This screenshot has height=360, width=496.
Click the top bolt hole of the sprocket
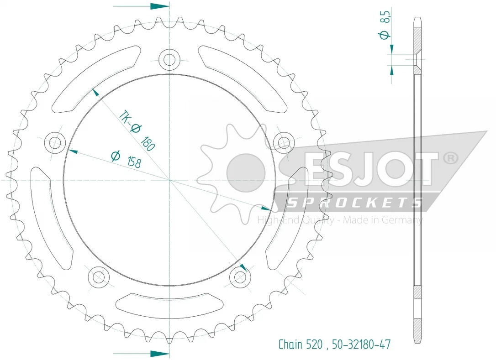(x=169, y=59)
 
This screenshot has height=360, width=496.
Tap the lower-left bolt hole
(x=99, y=277)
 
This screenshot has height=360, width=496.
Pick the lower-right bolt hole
(x=240, y=277)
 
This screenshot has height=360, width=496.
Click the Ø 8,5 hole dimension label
(x=385, y=24)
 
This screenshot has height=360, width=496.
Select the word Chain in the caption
(x=290, y=344)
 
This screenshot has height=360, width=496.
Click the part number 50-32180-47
(x=361, y=344)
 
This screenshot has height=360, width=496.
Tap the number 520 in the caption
(x=314, y=344)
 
